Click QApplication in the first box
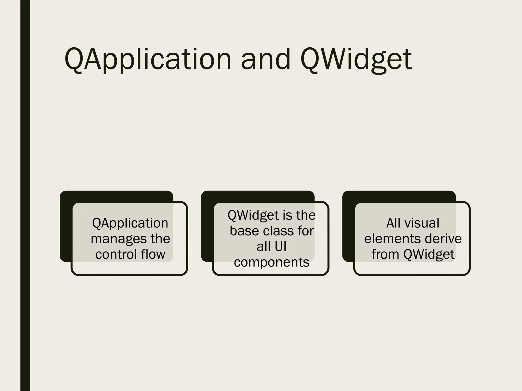tap(130, 223)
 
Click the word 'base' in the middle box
tap(244, 231)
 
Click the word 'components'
tap(271, 262)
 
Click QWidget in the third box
tap(429, 254)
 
